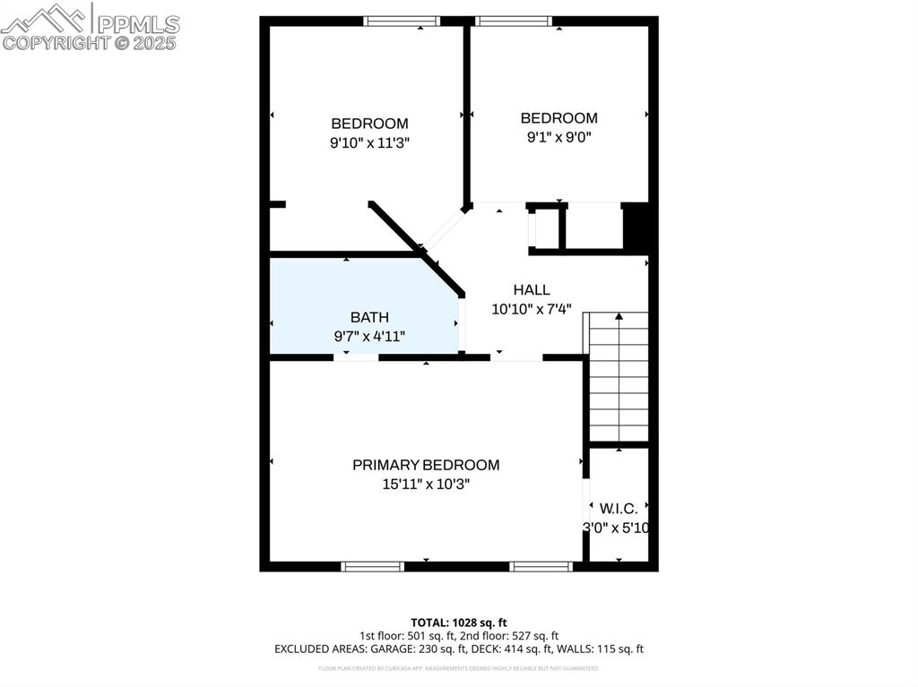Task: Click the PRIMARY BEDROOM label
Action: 426,465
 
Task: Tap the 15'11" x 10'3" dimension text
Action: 426,485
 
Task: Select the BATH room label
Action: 369,317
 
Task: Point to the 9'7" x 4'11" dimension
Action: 369,337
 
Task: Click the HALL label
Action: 532,290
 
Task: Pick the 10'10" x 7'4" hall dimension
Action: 532,309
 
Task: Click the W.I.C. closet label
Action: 619,509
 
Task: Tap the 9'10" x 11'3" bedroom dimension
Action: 369,142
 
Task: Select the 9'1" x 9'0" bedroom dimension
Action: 559,137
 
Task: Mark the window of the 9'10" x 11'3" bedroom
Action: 401,21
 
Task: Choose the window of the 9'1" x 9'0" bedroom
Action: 513,21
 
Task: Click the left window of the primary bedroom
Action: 372,566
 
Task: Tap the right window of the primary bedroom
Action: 541,566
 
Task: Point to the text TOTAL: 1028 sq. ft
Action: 459,622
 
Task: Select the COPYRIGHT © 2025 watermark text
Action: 90,42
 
